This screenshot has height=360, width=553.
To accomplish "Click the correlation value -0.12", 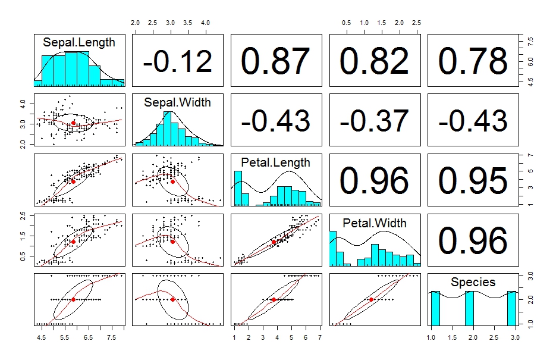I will (x=177, y=61).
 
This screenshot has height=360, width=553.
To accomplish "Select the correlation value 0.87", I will (x=275, y=61).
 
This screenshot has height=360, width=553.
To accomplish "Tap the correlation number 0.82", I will (x=374, y=61).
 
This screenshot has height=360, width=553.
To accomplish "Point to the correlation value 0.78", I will (x=472, y=61).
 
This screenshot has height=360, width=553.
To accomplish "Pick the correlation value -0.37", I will (x=374, y=121).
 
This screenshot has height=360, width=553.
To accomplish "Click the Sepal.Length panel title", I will (x=79, y=42).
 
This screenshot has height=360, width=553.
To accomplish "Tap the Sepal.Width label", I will (x=177, y=102).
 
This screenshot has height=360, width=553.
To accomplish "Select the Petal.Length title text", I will (x=275, y=162).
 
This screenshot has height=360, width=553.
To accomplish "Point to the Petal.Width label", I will (x=375, y=223).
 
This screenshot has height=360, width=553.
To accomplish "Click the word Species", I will (x=473, y=282).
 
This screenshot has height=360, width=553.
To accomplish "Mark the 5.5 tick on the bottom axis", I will (x=65, y=338).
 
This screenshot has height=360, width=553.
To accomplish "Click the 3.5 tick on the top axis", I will (x=188, y=23).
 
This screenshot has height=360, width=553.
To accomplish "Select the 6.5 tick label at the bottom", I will (x=88, y=338).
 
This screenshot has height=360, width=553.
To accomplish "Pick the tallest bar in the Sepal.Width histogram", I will (x=168, y=129).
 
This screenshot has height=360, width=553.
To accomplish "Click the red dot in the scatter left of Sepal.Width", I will (x=73, y=123).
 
